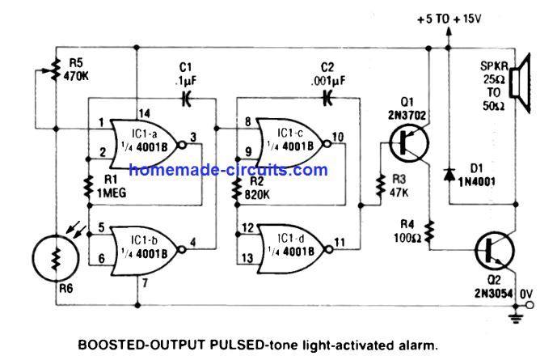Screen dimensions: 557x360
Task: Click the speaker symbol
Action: coord(519,83)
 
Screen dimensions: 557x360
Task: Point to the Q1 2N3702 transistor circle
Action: coord(409,142)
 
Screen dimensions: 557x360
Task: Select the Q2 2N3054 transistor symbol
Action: coord(495,250)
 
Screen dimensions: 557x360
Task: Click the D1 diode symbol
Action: coord(449,174)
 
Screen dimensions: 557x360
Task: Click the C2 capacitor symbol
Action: coord(327,98)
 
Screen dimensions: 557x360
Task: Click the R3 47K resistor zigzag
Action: coord(381,185)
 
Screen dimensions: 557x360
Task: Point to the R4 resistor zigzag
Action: coord(430,231)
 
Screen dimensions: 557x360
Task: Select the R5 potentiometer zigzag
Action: coord(56,70)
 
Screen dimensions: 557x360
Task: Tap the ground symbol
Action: coord(515,318)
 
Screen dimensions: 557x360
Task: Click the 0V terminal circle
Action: coord(530,305)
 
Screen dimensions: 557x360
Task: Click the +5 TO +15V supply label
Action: coord(449,19)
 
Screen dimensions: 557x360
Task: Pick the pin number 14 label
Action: coord(144,113)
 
